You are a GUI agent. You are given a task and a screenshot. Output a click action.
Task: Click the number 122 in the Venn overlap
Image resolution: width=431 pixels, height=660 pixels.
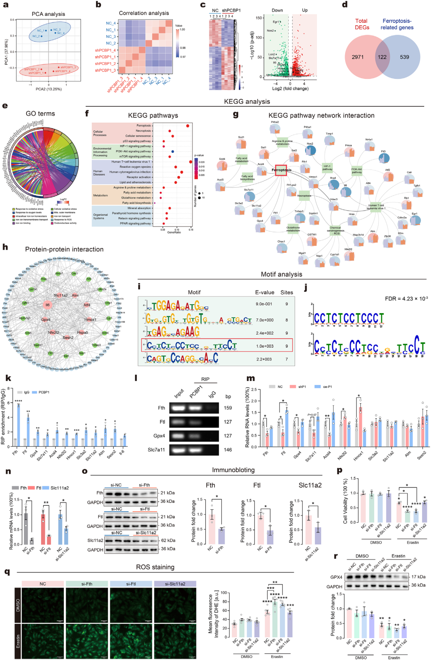[x=382, y=57]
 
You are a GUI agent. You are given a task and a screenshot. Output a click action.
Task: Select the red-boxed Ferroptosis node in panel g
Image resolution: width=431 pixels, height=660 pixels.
[x=281, y=170]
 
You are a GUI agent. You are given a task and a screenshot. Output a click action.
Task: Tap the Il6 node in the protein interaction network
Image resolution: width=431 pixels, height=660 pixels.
[x=47, y=305]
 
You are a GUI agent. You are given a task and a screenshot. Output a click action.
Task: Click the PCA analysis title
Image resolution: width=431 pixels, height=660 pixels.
[x=48, y=14]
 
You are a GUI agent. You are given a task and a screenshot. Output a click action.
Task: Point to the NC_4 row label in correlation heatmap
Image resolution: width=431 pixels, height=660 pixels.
[x=111, y=23]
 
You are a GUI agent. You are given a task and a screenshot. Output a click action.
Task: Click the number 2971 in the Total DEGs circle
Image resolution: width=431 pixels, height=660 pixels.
[x=358, y=57]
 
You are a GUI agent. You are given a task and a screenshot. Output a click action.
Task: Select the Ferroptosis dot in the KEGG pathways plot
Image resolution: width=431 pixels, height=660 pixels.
[x=188, y=126]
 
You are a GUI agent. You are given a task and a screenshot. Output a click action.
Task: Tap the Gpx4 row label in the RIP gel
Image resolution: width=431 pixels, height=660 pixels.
[x=159, y=436]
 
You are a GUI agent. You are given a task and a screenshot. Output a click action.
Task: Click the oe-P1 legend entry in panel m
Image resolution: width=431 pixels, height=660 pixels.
[x=326, y=387]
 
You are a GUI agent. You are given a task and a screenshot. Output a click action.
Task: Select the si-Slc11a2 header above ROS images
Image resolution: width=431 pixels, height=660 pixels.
[x=175, y=584]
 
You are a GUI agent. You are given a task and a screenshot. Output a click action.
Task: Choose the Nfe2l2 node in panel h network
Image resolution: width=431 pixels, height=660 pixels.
[x=54, y=332]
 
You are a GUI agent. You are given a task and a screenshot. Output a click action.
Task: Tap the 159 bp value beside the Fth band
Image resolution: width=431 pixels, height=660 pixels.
[x=228, y=408]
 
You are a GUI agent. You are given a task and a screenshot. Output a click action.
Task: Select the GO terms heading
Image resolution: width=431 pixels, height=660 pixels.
[x=40, y=114]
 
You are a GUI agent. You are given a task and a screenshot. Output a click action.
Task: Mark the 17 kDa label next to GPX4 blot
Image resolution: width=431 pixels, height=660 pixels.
[x=418, y=577]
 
